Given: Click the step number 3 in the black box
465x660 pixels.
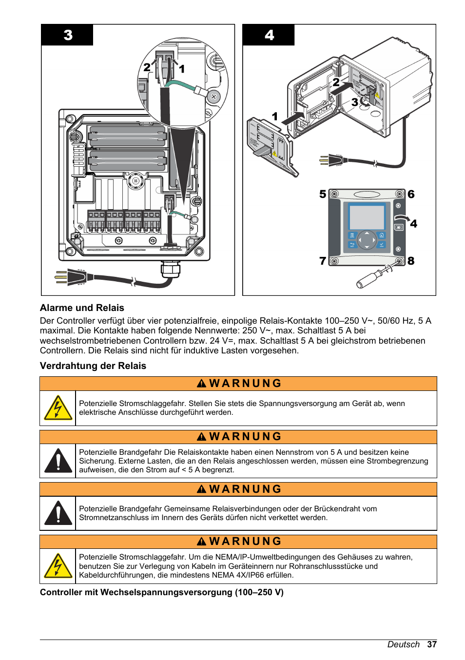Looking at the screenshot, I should (68, 35).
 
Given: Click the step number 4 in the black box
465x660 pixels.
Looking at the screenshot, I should (269, 35).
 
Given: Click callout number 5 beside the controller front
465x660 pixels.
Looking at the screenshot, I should (323, 194).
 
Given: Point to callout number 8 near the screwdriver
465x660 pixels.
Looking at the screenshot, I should (411, 261).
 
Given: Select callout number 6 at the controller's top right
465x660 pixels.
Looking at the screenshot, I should (411, 194).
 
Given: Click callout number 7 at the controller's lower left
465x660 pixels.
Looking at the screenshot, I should (323, 261).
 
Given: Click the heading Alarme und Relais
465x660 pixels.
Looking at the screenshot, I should (82, 308).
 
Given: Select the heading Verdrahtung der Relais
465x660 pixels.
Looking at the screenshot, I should (93, 366).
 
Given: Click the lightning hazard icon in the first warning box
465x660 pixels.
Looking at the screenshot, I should (58, 408).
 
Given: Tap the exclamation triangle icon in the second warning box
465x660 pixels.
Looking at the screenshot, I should (58, 461).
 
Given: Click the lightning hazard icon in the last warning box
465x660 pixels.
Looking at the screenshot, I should (58, 566).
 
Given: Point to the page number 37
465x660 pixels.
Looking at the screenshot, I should (432, 644).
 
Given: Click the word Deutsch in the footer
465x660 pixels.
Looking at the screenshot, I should (403, 644).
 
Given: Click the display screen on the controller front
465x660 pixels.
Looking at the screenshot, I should (367, 216).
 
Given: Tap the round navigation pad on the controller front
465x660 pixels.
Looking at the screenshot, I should (367, 240).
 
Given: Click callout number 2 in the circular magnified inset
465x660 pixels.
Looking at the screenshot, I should (147, 67).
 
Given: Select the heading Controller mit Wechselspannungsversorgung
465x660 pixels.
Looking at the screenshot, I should (161, 592).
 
